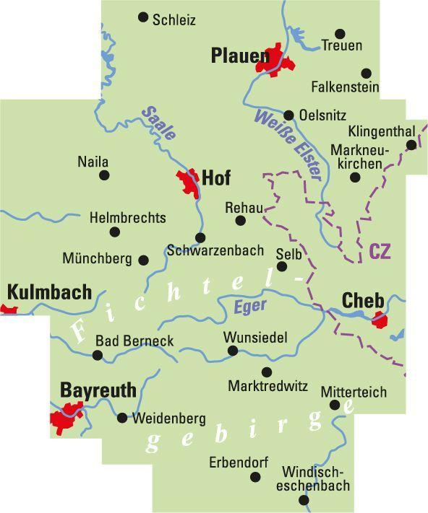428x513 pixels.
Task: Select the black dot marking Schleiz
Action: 143,17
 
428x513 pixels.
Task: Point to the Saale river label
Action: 158,123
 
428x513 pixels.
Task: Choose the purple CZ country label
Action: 380,251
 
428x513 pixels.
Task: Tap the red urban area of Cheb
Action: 380,319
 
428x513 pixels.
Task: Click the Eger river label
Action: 250,306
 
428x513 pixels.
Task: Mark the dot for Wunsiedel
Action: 233,351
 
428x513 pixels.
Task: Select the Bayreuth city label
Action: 98,390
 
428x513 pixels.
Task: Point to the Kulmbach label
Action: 50,292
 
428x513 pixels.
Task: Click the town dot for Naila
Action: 105,175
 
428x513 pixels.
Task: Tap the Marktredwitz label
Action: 267,387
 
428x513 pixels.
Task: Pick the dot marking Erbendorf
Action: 255,477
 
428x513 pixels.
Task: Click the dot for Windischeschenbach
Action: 304,499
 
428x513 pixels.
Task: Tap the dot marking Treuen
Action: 341,34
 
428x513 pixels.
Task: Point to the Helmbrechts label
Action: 127,217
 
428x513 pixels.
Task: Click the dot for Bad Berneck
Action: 98,354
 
